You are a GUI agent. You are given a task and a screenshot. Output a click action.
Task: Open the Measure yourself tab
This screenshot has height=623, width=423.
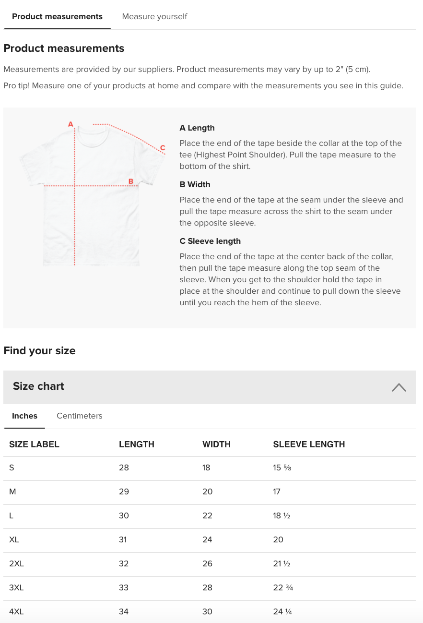coord(154,17)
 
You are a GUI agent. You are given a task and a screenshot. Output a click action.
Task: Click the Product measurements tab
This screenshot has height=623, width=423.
coord(57,17)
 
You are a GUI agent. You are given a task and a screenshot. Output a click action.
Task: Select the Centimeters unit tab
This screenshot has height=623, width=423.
coord(80,416)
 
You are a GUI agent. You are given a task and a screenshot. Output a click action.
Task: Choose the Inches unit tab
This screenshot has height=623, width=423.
coord(24,416)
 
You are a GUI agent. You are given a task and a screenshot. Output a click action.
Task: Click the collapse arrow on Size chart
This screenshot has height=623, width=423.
coord(399,387)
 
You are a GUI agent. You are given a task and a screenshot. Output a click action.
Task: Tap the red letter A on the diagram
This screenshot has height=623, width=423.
coord(70,124)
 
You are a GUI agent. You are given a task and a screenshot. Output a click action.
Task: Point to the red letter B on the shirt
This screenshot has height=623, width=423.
coord(130,181)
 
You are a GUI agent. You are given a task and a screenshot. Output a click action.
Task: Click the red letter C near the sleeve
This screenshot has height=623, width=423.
coord(163,148)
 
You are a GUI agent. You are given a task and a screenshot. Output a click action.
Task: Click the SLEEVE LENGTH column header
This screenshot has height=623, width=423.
coord(309,444)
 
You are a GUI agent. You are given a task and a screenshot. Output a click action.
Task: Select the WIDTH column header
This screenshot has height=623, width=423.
coord(216,444)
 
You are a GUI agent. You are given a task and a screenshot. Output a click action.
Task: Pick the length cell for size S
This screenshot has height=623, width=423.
coord(124,467)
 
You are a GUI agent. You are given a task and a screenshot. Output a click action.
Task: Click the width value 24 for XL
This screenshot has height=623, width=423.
coord(207,539)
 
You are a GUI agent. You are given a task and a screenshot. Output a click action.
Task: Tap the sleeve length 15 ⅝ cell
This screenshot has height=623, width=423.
coord(282,467)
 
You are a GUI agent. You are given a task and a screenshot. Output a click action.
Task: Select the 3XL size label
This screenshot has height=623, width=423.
coord(16,587)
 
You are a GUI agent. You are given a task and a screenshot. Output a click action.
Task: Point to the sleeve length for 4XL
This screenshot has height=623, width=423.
coord(282,611)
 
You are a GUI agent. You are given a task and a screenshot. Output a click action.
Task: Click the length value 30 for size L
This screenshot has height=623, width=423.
coord(124,515)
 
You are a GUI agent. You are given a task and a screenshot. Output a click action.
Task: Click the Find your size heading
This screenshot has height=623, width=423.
coord(39,351)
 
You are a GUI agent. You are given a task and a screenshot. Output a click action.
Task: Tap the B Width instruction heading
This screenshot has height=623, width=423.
coord(195,185)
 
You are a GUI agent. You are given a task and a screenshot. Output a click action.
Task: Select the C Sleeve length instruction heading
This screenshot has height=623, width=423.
coord(210,241)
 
